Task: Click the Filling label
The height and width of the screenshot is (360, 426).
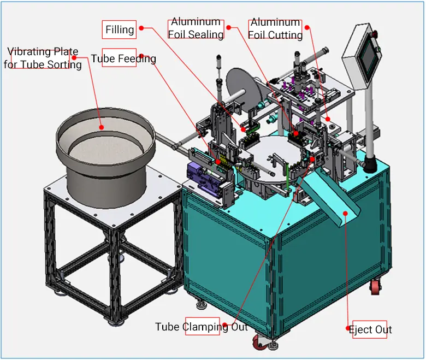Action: tap(120, 29)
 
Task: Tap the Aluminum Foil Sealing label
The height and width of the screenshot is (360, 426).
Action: tap(196, 28)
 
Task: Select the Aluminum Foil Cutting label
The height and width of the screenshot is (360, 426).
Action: tap(275, 29)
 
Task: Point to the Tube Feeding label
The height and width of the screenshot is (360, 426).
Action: tap(123, 58)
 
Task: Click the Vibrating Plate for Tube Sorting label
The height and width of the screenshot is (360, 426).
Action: tap(43, 58)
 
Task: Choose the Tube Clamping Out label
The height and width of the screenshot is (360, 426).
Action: tap(202, 327)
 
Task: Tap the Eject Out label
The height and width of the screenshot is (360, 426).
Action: tap(370, 329)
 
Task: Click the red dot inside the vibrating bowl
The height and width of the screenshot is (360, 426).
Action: tap(102, 127)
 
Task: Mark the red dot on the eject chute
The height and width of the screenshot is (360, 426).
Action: tap(345, 213)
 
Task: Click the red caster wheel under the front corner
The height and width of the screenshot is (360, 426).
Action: tap(259, 343)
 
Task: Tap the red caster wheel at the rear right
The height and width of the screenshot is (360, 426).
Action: tap(375, 287)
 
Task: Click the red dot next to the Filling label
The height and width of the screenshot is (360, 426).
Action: tap(141, 28)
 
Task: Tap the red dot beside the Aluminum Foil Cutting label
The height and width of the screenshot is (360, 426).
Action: tap(307, 27)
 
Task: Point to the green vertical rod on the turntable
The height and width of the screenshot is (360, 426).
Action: tap(287, 177)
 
